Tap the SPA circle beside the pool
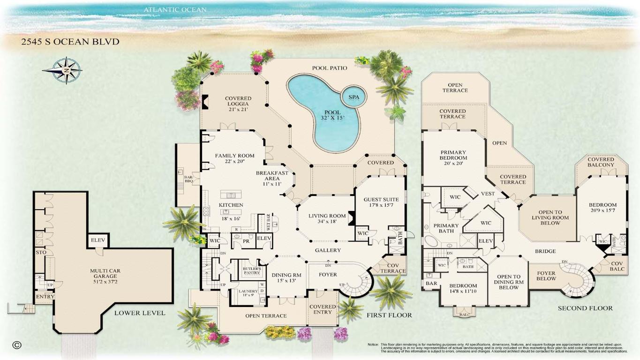click(354, 97)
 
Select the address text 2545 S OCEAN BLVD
click(70, 42)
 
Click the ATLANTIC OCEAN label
click(175, 9)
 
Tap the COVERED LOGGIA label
click(238, 104)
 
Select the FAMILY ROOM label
click(234, 158)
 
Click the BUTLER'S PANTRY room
click(252, 270)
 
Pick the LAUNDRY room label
click(248, 293)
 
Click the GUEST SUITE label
click(381, 202)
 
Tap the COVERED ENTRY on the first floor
click(323, 310)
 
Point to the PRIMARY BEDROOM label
click(453, 155)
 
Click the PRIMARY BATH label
click(446, 228)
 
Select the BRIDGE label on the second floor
click(545, 251)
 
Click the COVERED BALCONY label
click(601, 162)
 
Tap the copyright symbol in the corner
click(17, 345)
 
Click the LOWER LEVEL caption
click(140, 313)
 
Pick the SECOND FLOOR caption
click(585, 308)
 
